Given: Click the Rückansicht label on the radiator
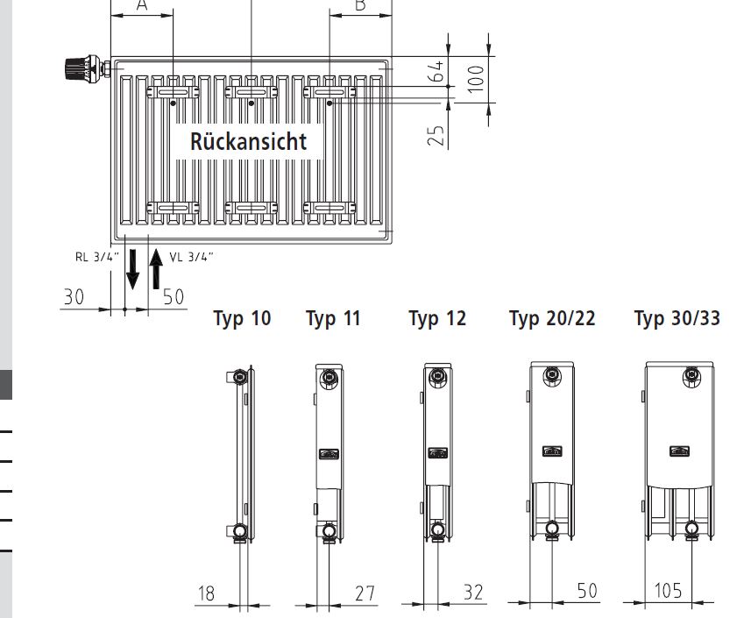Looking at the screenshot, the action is point(248,141).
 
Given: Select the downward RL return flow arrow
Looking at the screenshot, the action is point(132,269).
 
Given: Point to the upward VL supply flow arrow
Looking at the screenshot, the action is point(156,269).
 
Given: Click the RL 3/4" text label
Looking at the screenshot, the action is point(96,257).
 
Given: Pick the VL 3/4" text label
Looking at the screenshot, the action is point(191,257).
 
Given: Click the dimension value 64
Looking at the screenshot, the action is point(436,71).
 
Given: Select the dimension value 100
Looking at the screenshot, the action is point(476,79).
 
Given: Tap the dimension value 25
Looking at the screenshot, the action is point(436,136).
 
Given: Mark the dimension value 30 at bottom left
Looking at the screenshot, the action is point(74,297).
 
